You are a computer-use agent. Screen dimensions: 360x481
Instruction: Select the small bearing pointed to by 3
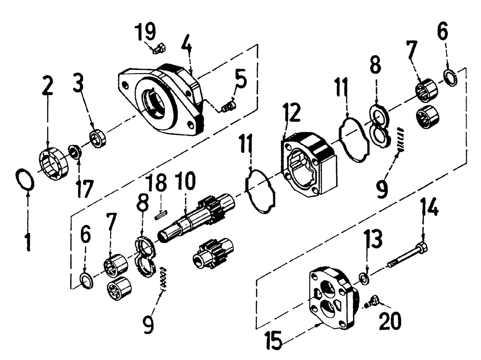click(x=99, y=139)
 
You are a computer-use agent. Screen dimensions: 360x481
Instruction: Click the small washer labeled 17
click(x=76, y=152)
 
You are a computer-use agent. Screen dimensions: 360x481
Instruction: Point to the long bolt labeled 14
click(x=409, y=255)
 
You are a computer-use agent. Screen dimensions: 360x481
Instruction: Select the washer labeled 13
click(x=364, y=278)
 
